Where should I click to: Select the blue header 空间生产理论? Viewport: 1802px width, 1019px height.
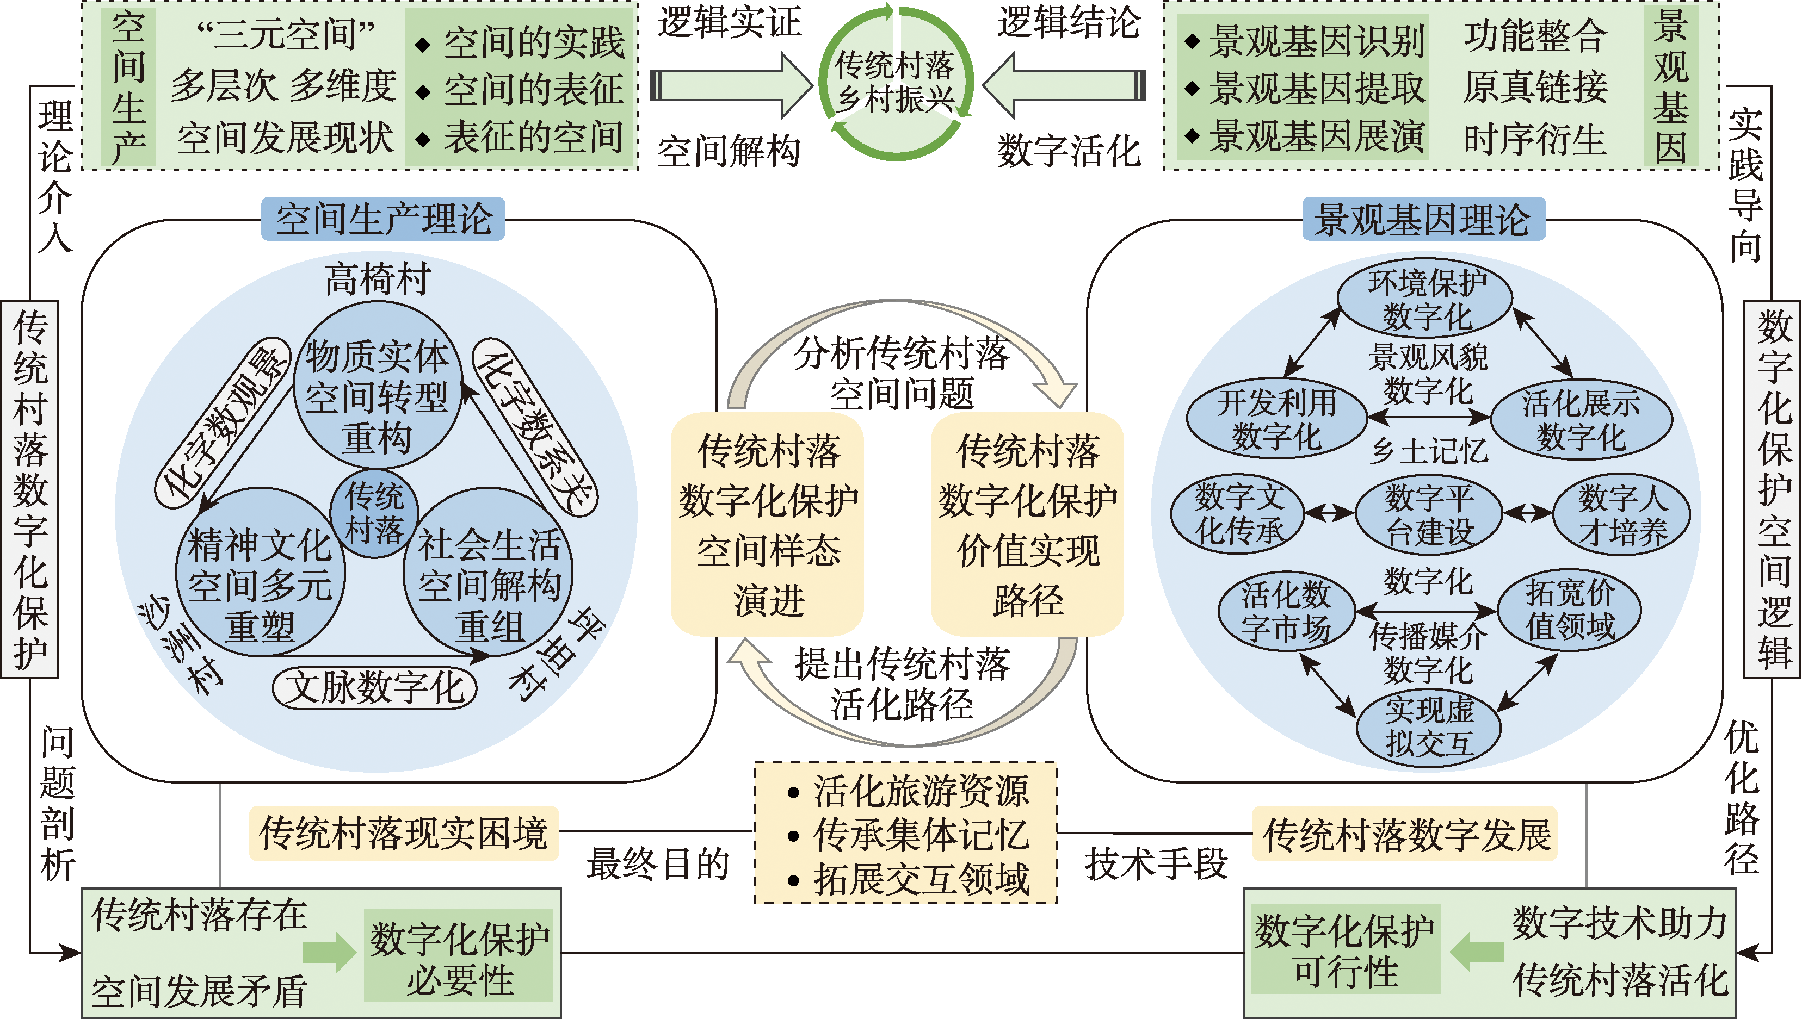[x=383, y=219]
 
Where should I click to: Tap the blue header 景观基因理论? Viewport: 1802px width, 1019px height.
[x=1423, y=219]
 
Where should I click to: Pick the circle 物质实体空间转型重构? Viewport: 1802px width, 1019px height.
[x=377, y=395]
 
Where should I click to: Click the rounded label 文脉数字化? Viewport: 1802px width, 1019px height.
[x=374, y=687]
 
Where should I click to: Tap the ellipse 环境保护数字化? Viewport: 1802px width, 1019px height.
[x=1426, y=300]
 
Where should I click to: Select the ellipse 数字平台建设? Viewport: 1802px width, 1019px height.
[x=1429, y=514]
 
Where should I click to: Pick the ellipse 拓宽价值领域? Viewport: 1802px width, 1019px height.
[x=1570, y=610]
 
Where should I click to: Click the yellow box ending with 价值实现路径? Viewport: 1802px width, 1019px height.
[x=1027, y=524]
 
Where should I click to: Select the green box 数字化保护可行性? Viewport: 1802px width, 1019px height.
[x=1346, y=951]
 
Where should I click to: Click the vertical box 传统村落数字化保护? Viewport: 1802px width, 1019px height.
[x=29, y=489]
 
